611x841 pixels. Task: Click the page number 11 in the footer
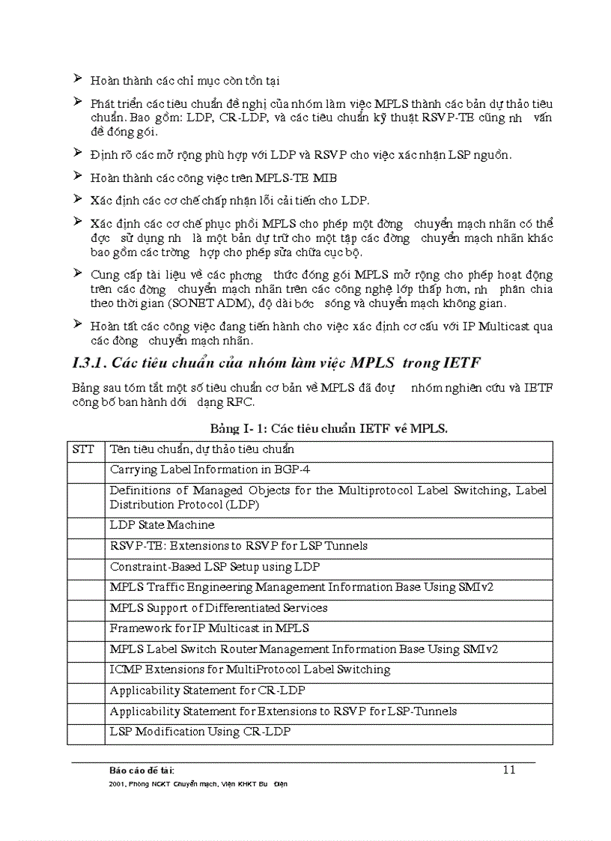tap(509, 769)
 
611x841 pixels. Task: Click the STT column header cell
tap(84, 449)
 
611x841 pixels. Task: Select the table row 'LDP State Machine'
tap(162, 525)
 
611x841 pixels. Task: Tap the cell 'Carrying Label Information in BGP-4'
tap(210, 470)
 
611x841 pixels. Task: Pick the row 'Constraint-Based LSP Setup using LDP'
tap(215, 567)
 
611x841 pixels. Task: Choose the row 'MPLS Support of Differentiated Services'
tap(219, 608)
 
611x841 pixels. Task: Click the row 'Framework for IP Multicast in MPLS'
tap(210, 628)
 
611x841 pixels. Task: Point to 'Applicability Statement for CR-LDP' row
tap(207, 690)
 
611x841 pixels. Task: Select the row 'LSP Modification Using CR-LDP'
tap(200, 732)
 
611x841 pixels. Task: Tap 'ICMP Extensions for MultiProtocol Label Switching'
tap(250, 670)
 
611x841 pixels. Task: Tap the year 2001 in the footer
tap(116, 784)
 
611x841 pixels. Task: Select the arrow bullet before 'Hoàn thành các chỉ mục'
tap(77, 79)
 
